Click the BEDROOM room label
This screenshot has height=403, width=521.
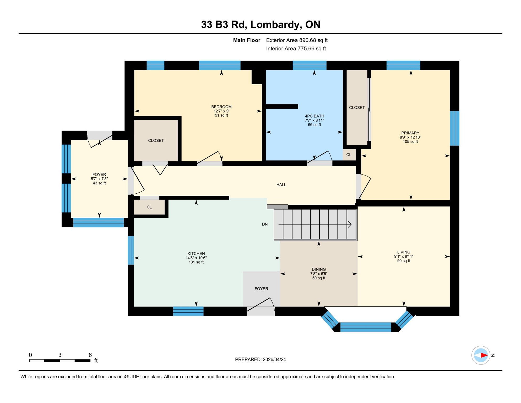[221, 107]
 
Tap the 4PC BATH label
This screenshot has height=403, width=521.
[314, 116]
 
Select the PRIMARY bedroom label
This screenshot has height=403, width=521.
[410, 133]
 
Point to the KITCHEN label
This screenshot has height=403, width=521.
[196, 253]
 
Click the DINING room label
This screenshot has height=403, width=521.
[319, 269]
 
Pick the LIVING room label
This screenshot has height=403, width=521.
[404, 252]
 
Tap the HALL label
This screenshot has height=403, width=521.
[281, 185]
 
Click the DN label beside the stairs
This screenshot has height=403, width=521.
[265, 224]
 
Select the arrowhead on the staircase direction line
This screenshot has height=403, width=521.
[350, 224]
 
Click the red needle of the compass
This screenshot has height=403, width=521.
[484, 355]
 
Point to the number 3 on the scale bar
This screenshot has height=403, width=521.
[60, 355]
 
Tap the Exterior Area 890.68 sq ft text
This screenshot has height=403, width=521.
[297, 40]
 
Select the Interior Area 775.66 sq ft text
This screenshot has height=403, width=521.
[296, 49]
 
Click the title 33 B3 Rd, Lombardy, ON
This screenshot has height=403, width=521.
[261, 24]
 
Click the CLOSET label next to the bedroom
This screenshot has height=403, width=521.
[156, 141]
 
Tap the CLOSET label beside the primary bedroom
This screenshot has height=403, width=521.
[357, 108]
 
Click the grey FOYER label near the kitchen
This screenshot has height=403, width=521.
[261, 289]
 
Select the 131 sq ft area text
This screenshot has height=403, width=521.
[196, 262]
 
